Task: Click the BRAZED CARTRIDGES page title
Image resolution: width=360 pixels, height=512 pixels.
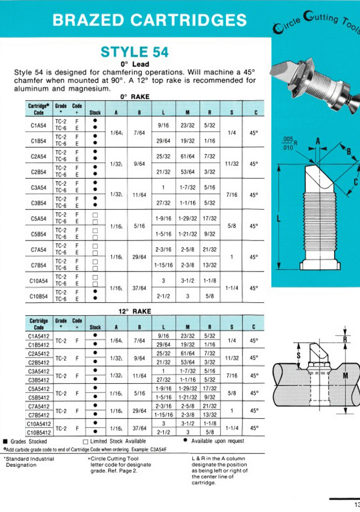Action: coord(149,21)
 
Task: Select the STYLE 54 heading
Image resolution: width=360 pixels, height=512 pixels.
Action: coord(134,52)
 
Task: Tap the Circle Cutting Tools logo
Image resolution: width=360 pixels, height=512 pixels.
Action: coord(315,22)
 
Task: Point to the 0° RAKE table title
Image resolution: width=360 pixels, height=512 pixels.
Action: coord(135,97)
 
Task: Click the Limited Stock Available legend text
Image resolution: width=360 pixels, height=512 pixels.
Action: coord(115,441)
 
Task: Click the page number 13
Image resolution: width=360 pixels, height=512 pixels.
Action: coord(357,504)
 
